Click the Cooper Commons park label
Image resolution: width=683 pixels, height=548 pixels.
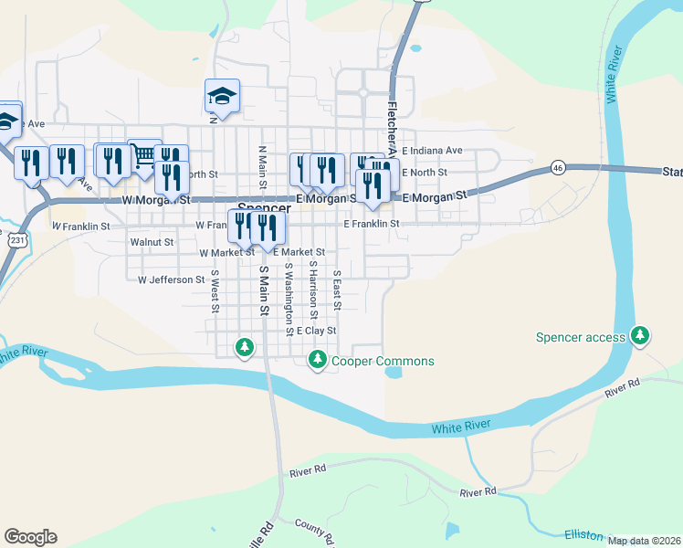pyautogui.click(x=383, y=361)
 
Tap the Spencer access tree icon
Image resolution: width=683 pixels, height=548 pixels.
pyautogui.click(x=641, y=336)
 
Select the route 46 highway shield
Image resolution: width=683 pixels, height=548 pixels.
pyautogui.click(x=559, y=168)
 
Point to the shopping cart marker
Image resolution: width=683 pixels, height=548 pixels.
pyautogui.click(x=144, y=155)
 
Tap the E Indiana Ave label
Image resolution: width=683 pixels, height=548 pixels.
pyautogui.click(x=432, y=150)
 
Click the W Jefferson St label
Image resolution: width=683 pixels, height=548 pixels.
pyautogui.click(x=172, y=279)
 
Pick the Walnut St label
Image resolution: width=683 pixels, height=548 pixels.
pyautogui.click(x=152, y=242)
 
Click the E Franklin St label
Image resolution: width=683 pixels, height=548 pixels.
pyautogui.click(x=372, y=223)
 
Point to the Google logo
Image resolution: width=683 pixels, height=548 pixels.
pyautogui.click(x=30, y=537)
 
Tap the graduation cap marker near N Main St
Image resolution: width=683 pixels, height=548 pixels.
pyautogui.click(x=221, y=95)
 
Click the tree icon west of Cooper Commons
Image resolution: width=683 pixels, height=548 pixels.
pyautogui.click(x=244, y=347)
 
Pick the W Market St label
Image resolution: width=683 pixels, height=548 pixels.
pyautogui.click(x=226, y=252)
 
